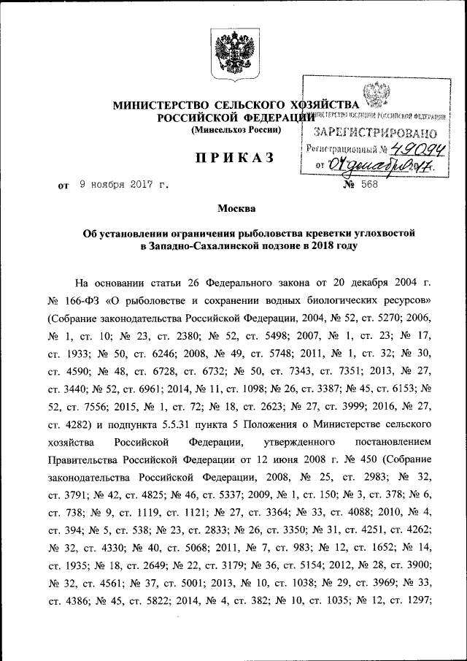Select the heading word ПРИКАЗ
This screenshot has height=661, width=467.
[233, 156]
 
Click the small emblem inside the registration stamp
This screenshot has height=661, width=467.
[377, 94]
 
